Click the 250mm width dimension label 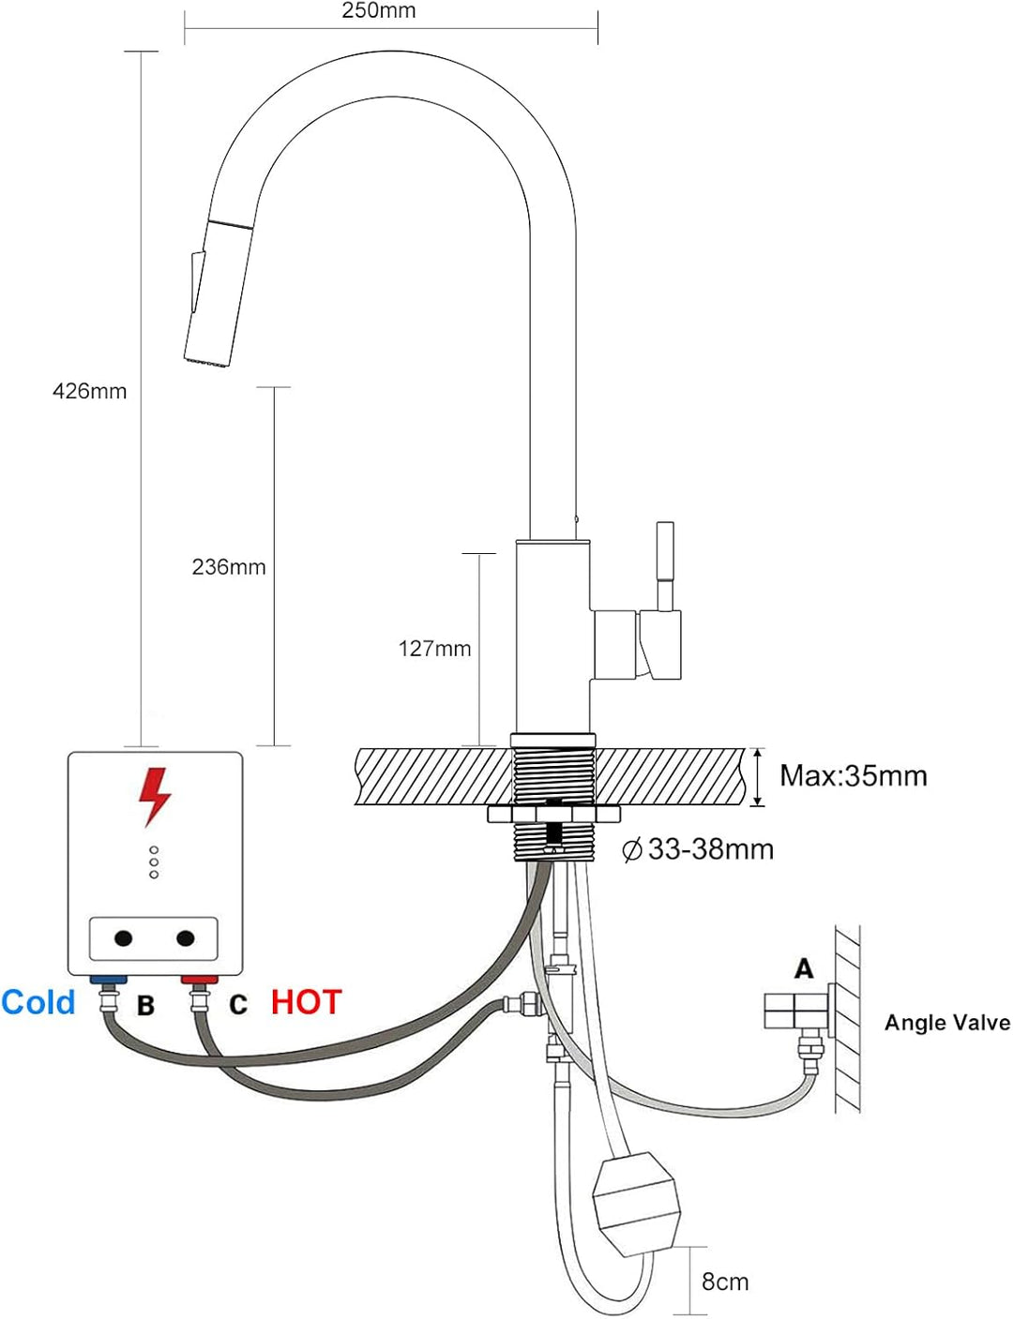tap(378, 11)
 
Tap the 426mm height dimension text tap(90, 391)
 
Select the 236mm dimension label tap(229, 567)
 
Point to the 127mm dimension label tap(435, 649)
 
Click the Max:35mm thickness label tap(854, 776)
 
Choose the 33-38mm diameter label tap(699, 849)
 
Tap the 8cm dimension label tap(725, 1282)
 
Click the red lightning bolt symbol tap(154, 797)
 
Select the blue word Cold tap(38, 1002)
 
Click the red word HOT tap(306, 1002)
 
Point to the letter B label tap(145, 1005)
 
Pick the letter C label tap(238, 1005)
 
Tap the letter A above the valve tap(804, 968)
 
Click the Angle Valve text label tap(947, 1023)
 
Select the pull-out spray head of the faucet tap(218, 291)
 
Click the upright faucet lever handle tap(665, 567)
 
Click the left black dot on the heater tap(123, 939)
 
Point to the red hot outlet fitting tap(199, 980)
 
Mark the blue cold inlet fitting tap(109, 980)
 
